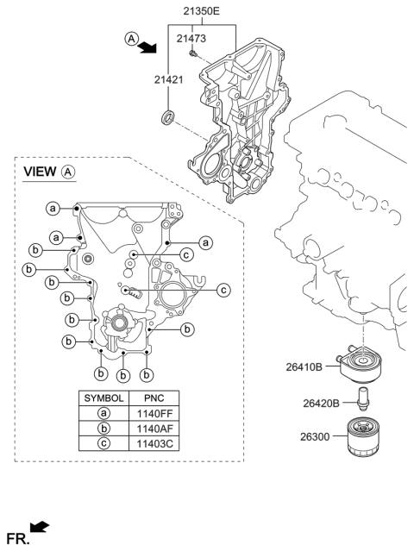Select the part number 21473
tap(191, 39)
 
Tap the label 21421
tap(171, 79)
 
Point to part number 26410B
tap(304, 366)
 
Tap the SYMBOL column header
tap(103, 398)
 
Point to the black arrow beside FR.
tap(39, 526)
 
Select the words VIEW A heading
tap(49, 172)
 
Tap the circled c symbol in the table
tap(103, 443)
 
